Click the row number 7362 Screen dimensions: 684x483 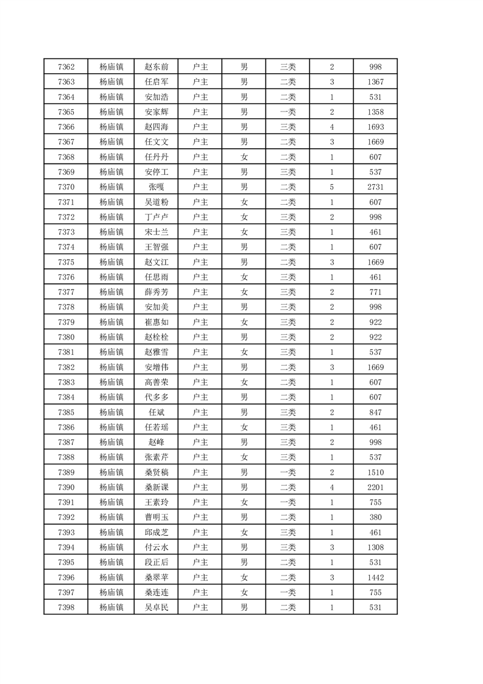[x=66, y=67]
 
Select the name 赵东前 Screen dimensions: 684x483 [x=157, y=67]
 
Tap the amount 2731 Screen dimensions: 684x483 [x=375, y=187]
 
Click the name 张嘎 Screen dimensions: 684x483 [x=157, y=187]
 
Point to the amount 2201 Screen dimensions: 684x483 [x=375, y=487]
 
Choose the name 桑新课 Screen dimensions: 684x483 [x=157, y=487]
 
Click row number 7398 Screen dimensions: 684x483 [x=66, y=607]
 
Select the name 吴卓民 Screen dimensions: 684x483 [x=157, y=607]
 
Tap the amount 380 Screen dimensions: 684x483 [x=375, y=517]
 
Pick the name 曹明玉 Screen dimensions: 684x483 [x=157, y=517]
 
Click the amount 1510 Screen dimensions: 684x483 [x=375, y=472]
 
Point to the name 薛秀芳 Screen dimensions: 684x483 [x=157, y=292]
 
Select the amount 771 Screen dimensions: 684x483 [x=375, y=292]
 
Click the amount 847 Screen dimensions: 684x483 [x=375, y=412]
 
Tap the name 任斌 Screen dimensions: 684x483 [x=157, y=412]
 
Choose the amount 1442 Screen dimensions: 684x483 [x=375, y=577]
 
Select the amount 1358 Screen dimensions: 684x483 [x=375, y=112]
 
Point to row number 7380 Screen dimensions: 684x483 [x=66, y=337]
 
